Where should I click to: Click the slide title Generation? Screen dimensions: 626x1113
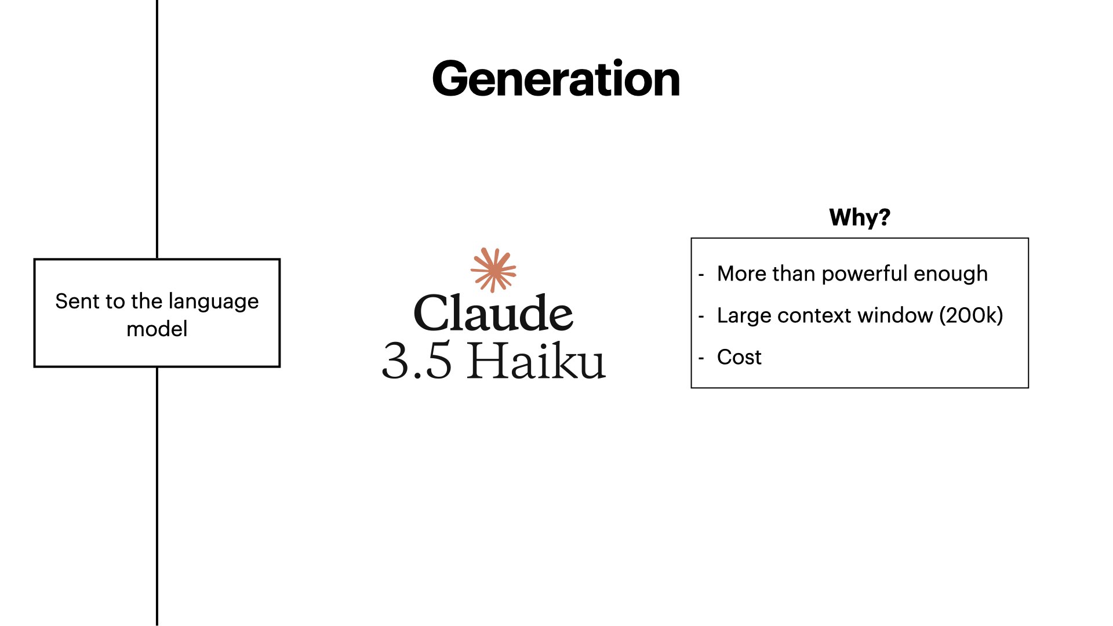point(556,79)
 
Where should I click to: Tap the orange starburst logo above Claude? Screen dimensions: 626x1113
point(493,270)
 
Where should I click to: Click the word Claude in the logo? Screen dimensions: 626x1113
point(493,313)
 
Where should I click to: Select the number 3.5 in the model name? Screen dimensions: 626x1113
point(417,361)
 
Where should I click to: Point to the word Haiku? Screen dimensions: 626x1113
point(537,361)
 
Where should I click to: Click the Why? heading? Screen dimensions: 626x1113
point(859,217)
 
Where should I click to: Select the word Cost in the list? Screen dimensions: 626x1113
point(739,357)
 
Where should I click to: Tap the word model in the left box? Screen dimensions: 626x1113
point(157,329)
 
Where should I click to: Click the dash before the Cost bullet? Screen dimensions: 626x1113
point(701,358)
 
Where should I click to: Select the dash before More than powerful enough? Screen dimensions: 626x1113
point(701,275)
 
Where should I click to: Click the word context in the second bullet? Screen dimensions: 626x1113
point(814,316)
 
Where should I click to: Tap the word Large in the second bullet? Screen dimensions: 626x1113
point(744,316)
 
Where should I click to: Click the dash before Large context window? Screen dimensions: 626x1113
point(701,316)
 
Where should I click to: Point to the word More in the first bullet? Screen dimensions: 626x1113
point(741,274)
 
